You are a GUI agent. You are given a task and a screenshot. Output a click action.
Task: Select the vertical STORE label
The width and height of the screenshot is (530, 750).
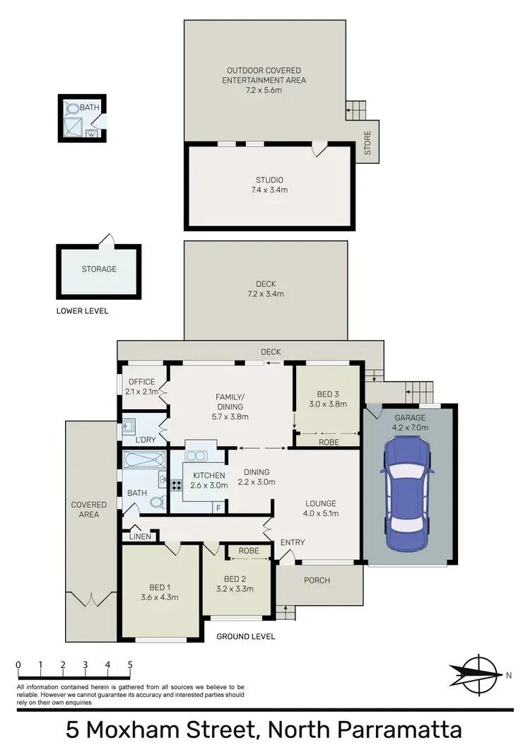coord(367,142)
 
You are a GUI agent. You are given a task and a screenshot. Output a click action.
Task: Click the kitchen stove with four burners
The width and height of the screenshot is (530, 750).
coord(176,486)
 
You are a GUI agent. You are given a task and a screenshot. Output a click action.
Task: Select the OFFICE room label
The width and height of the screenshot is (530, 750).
coord(141,387)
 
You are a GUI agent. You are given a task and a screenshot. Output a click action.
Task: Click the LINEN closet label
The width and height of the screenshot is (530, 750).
coord(139,537)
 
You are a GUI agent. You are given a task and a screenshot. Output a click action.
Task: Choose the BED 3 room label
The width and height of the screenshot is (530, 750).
coord(329,399)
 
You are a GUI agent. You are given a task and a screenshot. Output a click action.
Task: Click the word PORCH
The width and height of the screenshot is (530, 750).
coord(317,580)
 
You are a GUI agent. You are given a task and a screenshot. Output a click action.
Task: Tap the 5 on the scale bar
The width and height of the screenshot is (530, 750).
coord(130,664)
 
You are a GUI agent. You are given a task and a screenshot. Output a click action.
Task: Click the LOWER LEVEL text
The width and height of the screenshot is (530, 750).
coord(83,311)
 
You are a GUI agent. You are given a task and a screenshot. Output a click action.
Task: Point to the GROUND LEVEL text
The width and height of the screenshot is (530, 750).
coord(246,636)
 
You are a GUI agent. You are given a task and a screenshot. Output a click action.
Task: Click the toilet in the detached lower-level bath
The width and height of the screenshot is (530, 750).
coord(73,110)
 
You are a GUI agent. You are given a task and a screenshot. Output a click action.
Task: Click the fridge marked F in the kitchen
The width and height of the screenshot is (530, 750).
coord(218,508)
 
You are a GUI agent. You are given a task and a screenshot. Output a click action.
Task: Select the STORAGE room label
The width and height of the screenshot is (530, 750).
coord(99,269)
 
